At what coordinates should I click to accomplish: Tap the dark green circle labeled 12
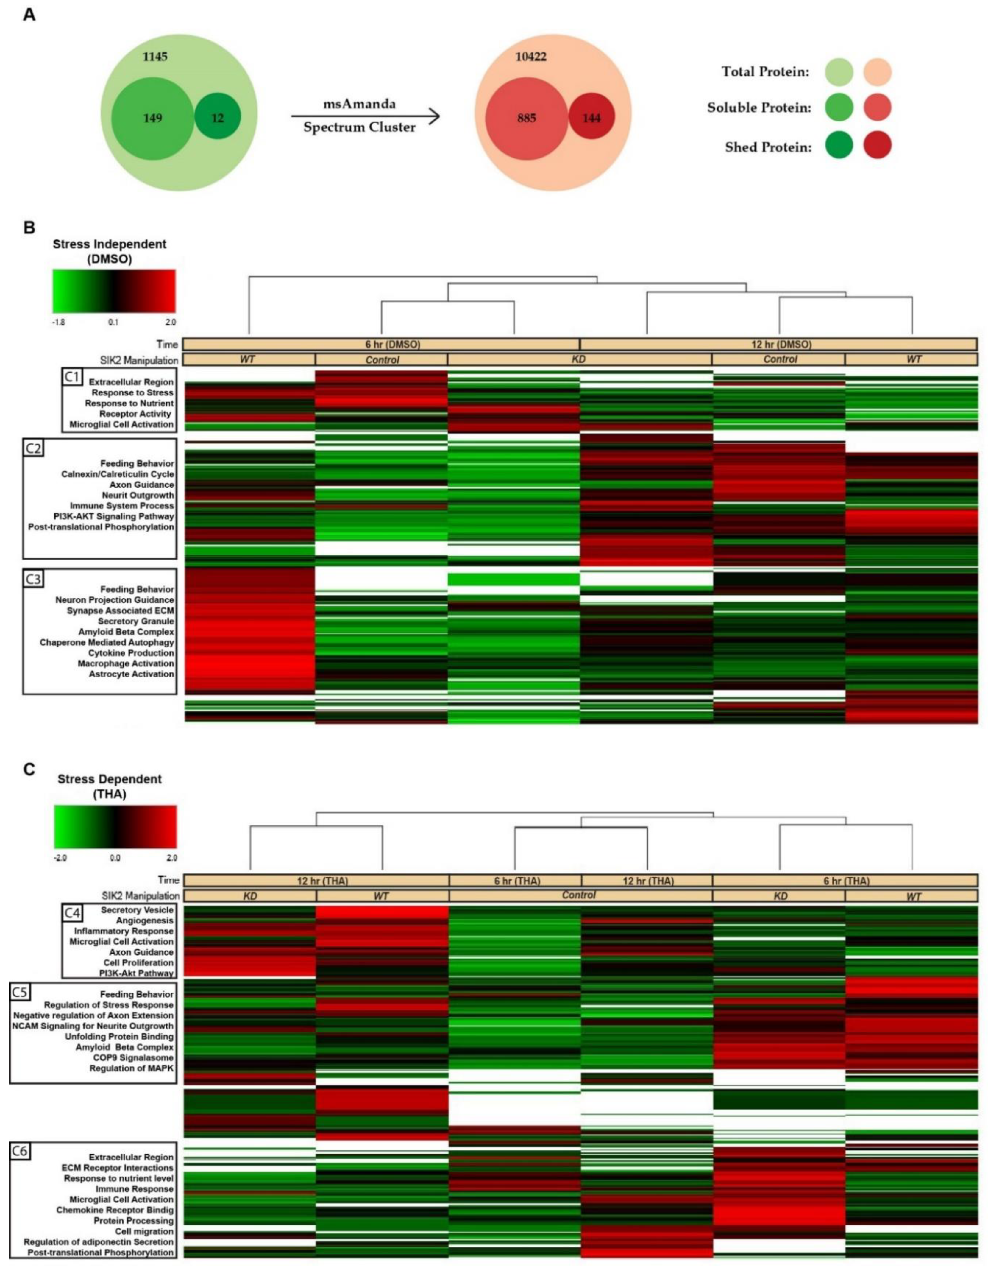coord(217,118)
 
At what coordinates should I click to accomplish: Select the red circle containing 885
coord(526,118)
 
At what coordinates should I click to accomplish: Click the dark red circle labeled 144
coord(591,118)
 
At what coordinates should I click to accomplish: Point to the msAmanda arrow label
coord(359,104)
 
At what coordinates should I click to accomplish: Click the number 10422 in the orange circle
coord(530,56)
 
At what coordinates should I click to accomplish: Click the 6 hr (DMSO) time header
coord(381,344)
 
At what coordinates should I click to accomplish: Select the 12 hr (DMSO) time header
coord(779,344)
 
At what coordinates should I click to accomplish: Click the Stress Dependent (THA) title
coord(110,786)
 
